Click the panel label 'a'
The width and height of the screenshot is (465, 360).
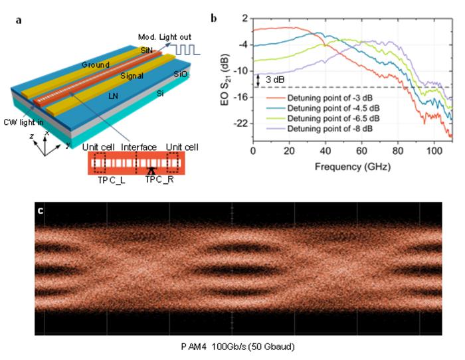click(x=17, y=19)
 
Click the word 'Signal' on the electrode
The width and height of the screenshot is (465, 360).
click(x=132, y=76)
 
